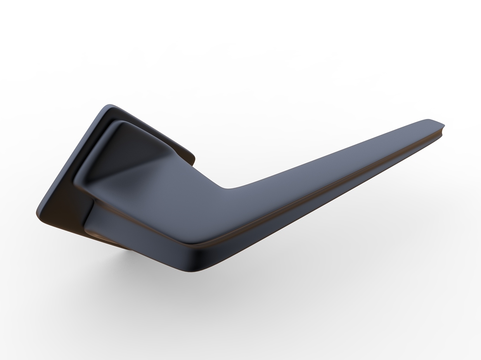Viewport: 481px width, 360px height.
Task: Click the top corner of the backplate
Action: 110,105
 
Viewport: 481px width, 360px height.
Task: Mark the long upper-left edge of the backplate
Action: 70,159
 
